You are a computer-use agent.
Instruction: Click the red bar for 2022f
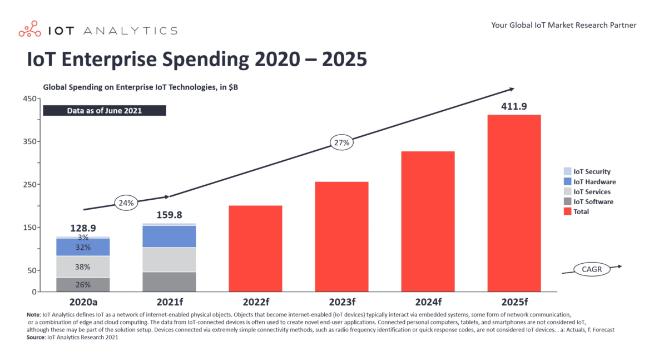(255, 248)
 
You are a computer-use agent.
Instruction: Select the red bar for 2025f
(514, 203)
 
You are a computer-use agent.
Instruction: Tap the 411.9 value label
(514, 106)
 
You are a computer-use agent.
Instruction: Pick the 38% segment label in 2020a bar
(83, 267)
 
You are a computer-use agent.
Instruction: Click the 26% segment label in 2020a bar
(83, 284)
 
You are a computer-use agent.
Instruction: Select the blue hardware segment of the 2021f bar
(169, 236)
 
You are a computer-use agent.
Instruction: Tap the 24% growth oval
(126, 203)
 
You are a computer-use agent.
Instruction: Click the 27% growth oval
(341, 142)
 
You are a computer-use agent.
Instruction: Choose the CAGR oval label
(592, 269)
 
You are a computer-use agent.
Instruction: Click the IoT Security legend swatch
(567, 172)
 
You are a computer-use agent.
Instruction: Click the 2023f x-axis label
(341, 303)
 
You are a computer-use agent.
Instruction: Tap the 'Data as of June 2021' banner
(105, 110)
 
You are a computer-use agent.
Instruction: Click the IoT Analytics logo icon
(30, 30)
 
